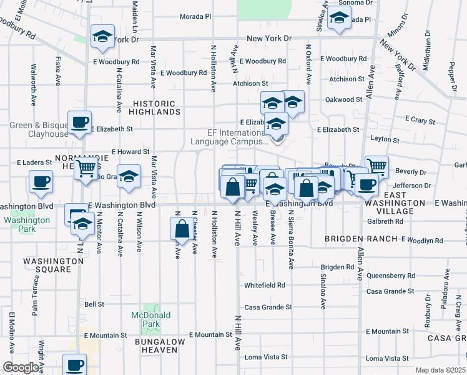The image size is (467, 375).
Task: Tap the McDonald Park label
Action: (150, 320)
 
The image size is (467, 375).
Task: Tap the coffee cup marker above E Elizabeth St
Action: (80, 122)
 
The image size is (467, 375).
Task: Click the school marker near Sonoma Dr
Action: (339, 19)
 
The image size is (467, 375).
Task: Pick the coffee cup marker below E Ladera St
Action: (41, 182)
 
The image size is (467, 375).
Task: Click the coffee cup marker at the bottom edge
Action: (75, 364)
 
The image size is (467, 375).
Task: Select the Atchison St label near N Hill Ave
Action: (250, 83)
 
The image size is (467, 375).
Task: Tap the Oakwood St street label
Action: (344, 99)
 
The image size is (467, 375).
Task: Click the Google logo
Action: (20, 368)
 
